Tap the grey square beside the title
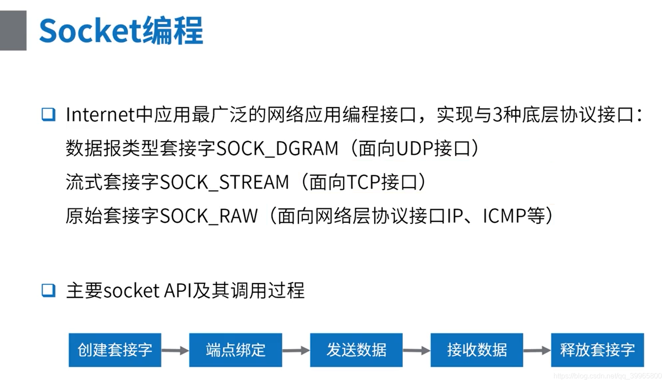click(13, 30)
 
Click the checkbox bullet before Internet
click(48, 114)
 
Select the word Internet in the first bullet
click(100, 115)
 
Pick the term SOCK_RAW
click(209, 216)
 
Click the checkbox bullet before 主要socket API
click(48, 290)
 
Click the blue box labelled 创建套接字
click(115, 350)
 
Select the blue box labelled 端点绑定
click(236, 350)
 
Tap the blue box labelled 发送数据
click(356, 350)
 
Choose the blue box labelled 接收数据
click(477, 350)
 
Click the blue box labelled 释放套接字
click(597, 350)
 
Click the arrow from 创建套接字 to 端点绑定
click(175, 351)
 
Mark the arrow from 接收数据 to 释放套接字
click(537, 351)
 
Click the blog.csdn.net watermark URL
click(607, 376)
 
